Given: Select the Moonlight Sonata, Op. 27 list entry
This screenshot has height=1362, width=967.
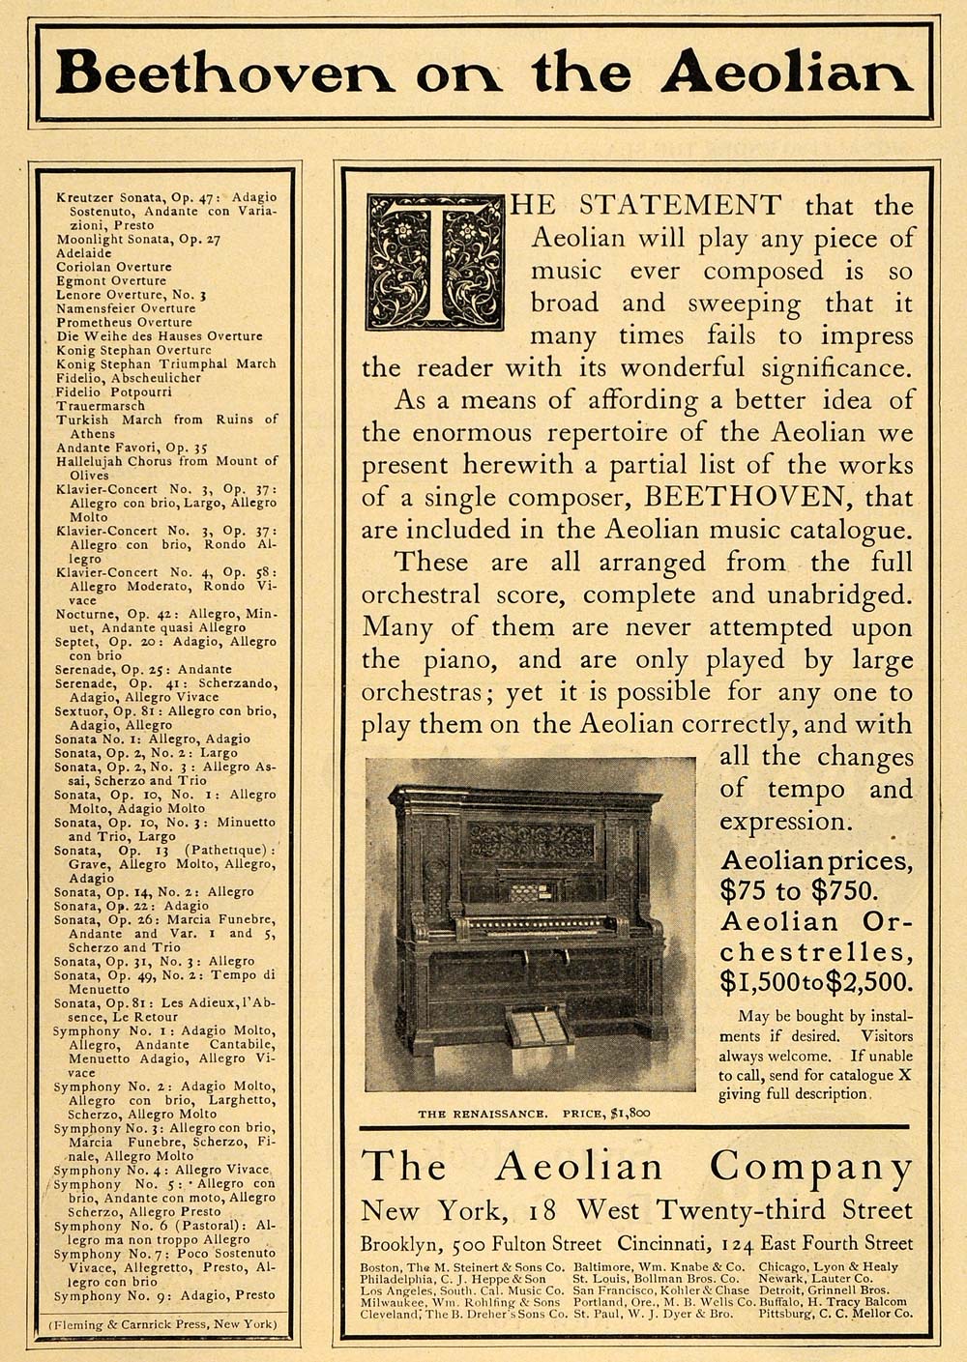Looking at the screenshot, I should coord(138,239).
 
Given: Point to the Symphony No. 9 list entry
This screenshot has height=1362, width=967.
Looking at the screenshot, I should coord(164,1295).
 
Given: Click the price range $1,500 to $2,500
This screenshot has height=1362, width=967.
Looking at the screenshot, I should coord(816,983).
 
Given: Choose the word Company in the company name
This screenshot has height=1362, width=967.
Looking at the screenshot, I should coord(810,1168).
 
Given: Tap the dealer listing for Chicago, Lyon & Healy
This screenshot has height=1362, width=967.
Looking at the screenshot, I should coord(828,1266).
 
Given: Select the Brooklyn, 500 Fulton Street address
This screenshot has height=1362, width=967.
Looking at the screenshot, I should coord(481,1244).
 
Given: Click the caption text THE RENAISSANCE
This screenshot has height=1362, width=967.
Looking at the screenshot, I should coord(480,1114).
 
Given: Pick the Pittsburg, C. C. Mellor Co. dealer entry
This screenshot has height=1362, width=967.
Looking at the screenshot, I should coord(835,1314).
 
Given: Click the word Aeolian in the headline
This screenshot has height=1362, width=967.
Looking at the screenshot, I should coord(785,72).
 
